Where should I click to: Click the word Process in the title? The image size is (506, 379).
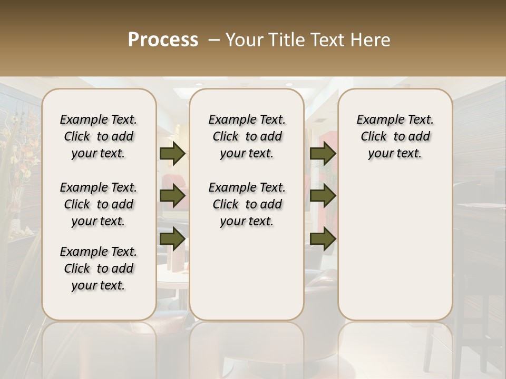[163, 40]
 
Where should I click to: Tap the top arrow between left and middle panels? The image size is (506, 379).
[172, 153]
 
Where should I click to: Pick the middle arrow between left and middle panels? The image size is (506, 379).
[172, 196]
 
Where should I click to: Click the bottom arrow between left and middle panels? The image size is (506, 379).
[172, 238]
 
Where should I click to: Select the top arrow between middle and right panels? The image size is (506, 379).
[323, 153]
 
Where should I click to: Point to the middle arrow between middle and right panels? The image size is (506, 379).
[323, 196]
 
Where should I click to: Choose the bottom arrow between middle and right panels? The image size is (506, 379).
[323, 238]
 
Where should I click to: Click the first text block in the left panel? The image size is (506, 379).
[99, 136]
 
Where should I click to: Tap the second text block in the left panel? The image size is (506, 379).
[99, 204]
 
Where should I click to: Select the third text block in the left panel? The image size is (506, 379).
[99, 268]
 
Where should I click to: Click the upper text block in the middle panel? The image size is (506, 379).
[247, 136]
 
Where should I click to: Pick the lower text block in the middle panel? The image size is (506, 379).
[247, 204]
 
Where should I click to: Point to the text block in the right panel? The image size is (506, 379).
[395, 136]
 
